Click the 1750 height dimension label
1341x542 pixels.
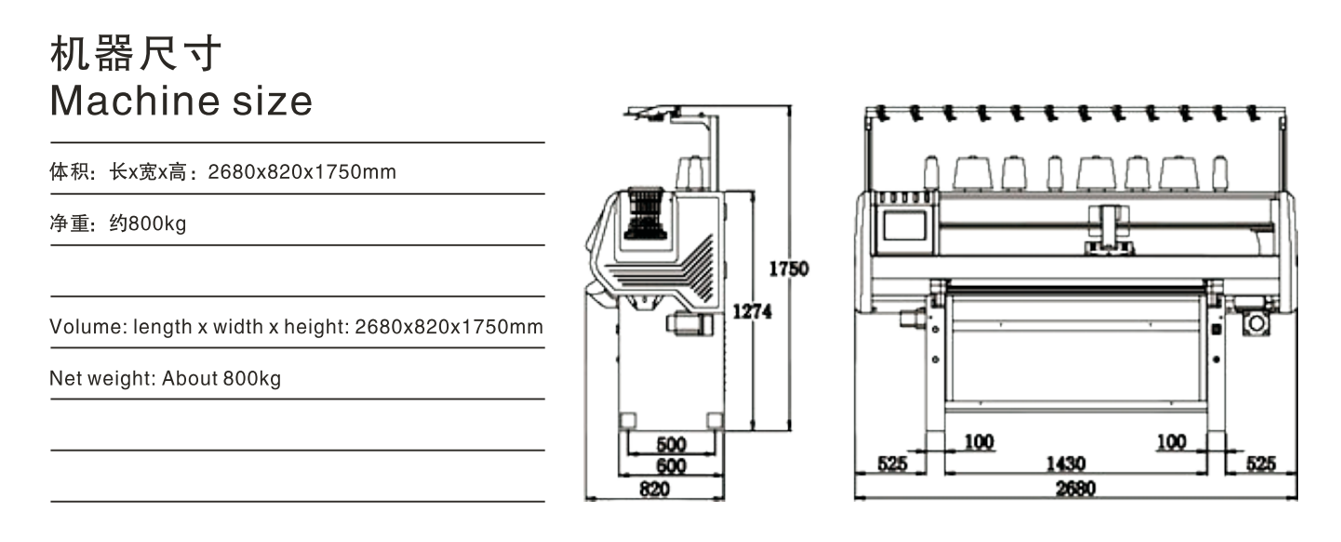[788, 269]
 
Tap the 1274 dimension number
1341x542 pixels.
[752, 311]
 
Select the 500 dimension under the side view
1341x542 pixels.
[671, 444]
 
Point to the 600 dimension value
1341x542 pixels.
[671, 466]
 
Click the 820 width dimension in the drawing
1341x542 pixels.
[654, 489]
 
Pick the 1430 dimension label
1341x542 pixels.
[1066, 464]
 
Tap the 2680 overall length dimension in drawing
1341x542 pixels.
[1075, 489]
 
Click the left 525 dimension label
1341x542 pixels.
[892, 464]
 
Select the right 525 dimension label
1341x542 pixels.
[1261, 464]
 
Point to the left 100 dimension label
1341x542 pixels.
[979, 442]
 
